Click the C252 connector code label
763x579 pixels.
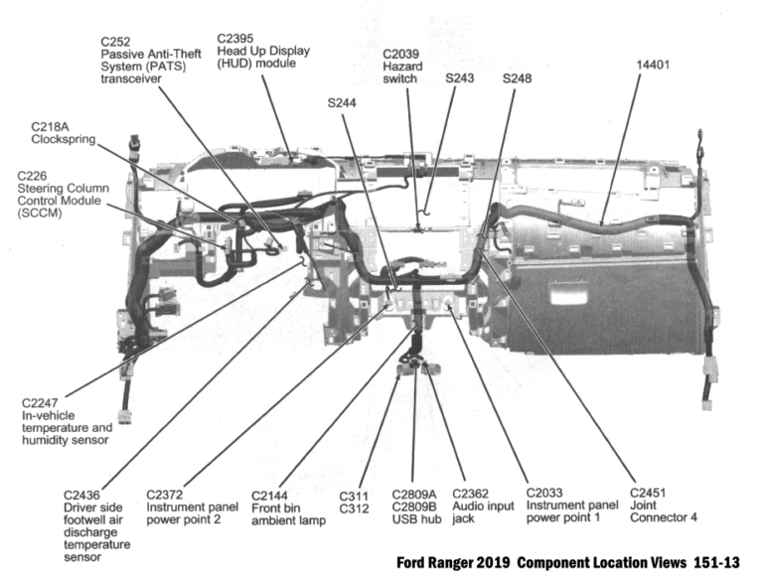117,42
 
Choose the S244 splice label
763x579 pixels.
343,102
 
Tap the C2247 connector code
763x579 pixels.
43,403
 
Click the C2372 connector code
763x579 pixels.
167,494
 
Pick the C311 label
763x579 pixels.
355,494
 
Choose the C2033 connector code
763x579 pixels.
546,494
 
